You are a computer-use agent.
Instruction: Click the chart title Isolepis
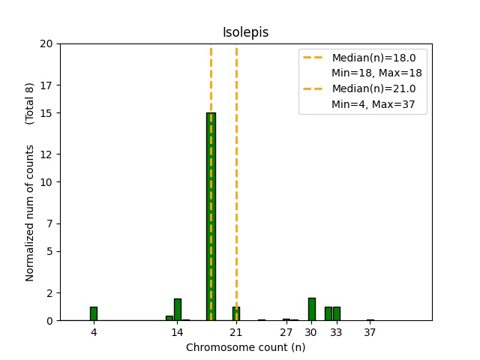(245, 33)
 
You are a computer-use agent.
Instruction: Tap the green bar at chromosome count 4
(94, 313)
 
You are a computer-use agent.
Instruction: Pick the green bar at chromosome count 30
(311, 309)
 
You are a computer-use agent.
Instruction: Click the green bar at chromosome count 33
(337, 313)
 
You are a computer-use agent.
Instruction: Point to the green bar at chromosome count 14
(178, 310)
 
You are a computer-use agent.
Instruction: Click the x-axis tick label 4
(94, 332)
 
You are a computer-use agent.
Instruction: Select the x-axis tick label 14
(178, 332)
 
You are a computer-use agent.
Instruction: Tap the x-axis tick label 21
(236, 332)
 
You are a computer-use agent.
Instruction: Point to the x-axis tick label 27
(286, 332)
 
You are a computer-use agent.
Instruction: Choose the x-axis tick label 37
(370, 332)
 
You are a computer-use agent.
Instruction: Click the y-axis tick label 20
(46, 43)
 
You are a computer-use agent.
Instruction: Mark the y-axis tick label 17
(46, 85)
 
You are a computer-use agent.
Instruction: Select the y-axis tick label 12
(46, 154)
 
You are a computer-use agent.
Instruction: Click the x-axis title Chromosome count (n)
(245, 347)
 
